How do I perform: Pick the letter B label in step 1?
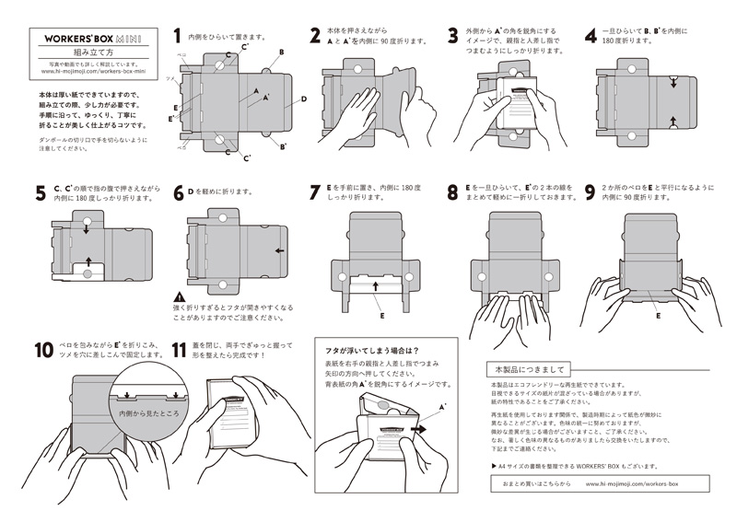(x=281, y=52)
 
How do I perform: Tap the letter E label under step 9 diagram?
(x=658, y=315)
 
